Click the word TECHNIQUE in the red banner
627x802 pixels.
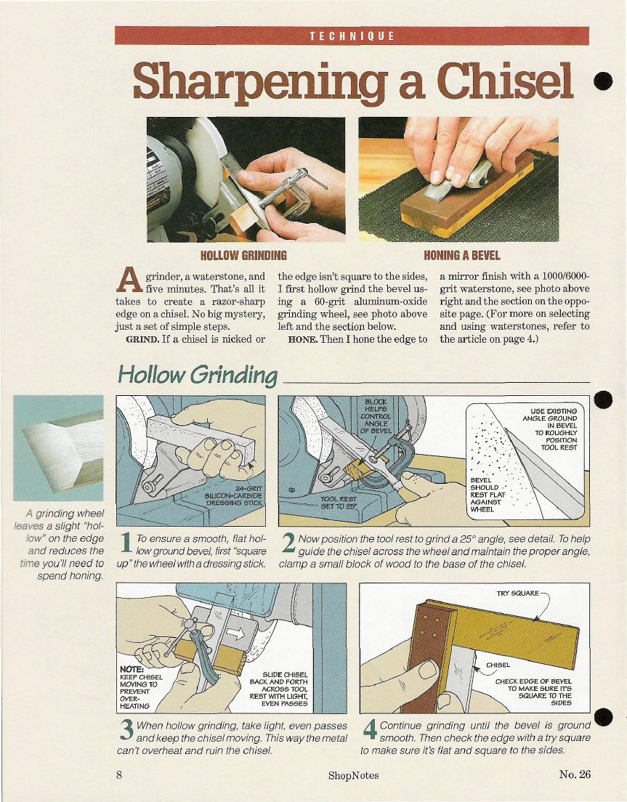coord(352,36)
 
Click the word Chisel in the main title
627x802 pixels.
coord(504,81)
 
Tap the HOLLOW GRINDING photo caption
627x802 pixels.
coord(243,255)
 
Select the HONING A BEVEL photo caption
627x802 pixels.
coord(462,255)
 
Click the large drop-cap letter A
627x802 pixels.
coord(129,280)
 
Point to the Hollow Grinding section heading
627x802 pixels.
coord(198,375)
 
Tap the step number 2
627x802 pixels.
coord(288,543)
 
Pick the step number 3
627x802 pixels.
coord(126,730)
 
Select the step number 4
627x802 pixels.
coord(370,730)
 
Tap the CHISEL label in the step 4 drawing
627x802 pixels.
coord(498,665)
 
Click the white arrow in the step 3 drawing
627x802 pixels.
coord(236,633)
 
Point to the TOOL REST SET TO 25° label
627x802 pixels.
coord(338,502)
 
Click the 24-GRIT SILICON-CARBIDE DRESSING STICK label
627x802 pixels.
coord(233,495)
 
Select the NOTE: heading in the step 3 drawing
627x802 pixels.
coord(132,669)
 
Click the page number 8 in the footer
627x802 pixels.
coord(119,774)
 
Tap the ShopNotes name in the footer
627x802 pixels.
coord(353,775)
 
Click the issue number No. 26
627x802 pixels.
coord(575,774)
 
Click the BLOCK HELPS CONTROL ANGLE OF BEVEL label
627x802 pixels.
coord(376,416)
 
